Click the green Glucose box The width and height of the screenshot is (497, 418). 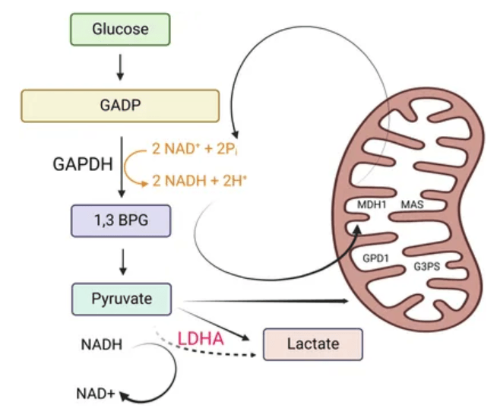tap(119, 30)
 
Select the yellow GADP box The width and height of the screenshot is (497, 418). tap(120, 106)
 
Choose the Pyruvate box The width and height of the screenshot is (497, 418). tap(122, 299)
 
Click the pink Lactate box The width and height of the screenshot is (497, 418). tap(312, 344)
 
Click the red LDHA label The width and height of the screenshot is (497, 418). tap(201, 338)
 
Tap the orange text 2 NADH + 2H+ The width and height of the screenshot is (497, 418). tap(202, 180)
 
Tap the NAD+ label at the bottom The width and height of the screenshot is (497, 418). tap(96, 394)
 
